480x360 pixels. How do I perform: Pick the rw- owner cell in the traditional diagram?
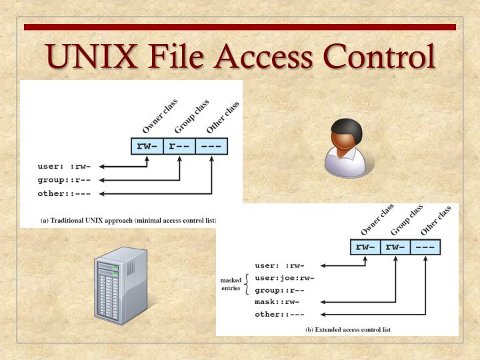click(x=146, y=146)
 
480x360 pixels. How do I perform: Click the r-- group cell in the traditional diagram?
click(x=179, y=146)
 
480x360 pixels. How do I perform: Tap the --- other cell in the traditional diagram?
click(x=211, y=146)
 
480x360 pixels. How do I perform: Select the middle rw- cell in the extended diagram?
click(x=395, y=247)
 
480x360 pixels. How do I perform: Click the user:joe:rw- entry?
click(x=284, y=278)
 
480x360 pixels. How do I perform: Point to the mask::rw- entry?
click(x=277, y=302)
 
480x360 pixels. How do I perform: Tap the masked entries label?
click(x=231, y=284)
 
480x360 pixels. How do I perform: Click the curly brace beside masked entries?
click(x=247, y=284)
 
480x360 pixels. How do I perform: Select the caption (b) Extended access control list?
click(x=348, y=329)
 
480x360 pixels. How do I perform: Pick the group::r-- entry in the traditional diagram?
click(x=64, y=180)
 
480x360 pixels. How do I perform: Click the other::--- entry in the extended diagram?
click(x=279, y=314)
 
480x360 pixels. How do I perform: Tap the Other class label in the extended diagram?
click(x=436, y=220)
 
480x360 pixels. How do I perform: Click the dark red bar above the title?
click(x=240, y=27)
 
